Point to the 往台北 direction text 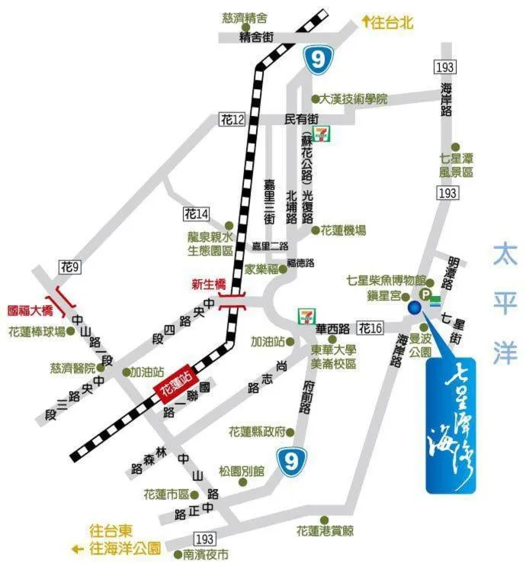pyautogui.click(x=391, y=22)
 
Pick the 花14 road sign pyautogui.click(x=196, y=214)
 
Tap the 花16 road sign pyautogui.click(x=370, y=328)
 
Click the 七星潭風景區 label pyautogui.click(x=456, y=166)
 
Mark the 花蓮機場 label pyautogui.click(x=342, y=230)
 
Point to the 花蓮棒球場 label pyautogui.click(x=36, y=332)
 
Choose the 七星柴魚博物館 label pyautogui.click(x=382, y=279)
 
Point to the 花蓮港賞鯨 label pyautogui.click(x=325, y=530)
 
